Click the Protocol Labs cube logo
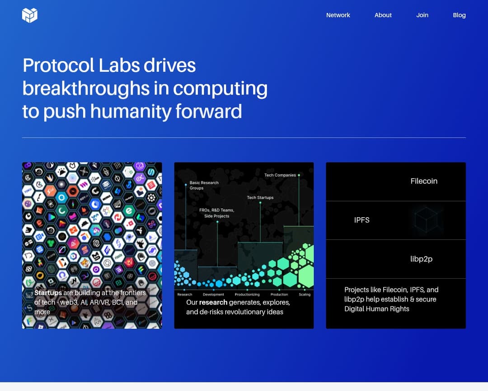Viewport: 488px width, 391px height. (30, 15)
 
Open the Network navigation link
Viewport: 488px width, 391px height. (338, 15)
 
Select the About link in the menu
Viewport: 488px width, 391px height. (383, 15)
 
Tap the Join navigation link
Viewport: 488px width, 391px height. (422, 15)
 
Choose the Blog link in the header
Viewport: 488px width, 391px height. (459, 15)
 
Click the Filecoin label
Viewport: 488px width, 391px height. (424, 181)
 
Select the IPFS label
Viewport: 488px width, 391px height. (361, 220)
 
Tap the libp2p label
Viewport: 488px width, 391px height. (421, 259)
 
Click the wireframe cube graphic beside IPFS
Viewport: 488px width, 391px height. (426, 221)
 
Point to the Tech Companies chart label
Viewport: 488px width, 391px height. (280, 175)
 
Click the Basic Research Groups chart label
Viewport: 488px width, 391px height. (204, 185)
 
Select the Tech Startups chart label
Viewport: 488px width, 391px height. (260, 197)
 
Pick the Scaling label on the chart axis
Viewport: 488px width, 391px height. (305, 295)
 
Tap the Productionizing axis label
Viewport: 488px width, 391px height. (247, 295)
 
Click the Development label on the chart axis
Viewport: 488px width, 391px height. (213, 295)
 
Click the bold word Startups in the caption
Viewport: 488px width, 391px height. (48, 293)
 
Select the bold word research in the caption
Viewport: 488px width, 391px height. (213, 302)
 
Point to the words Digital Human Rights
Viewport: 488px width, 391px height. (376, 309)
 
